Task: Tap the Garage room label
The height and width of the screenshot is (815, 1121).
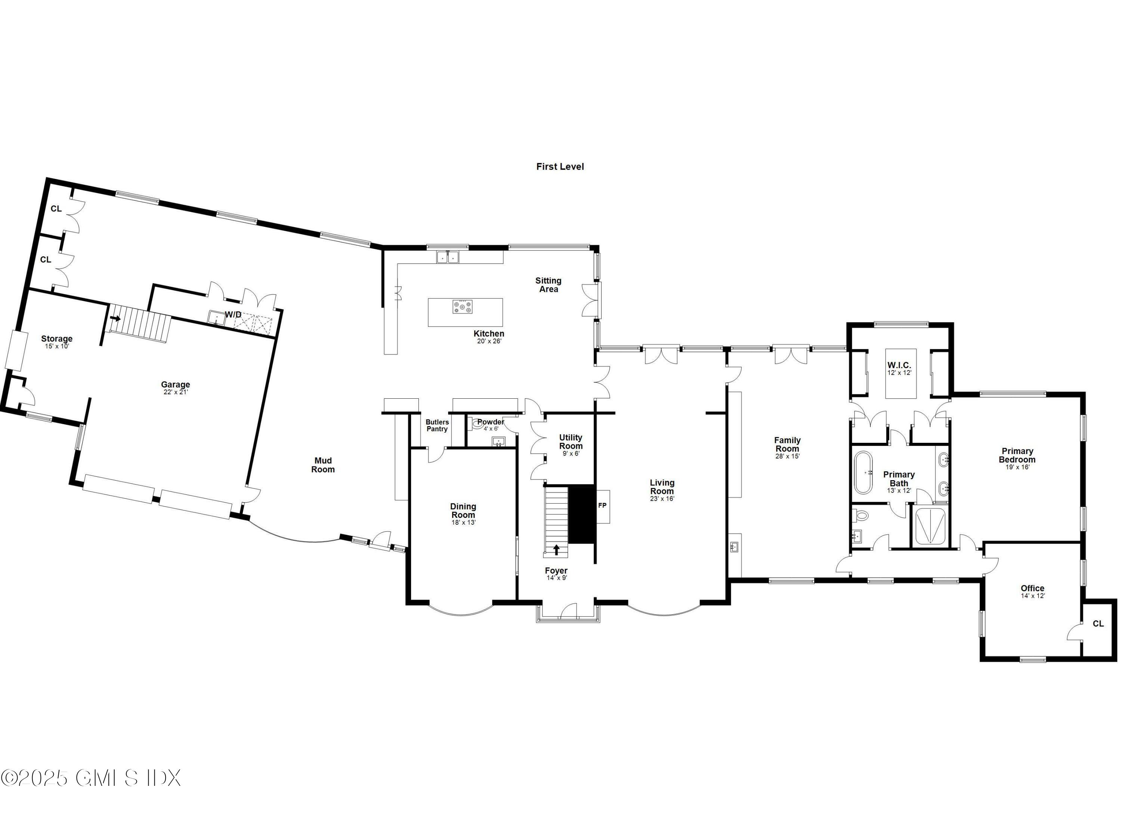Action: (176, 385)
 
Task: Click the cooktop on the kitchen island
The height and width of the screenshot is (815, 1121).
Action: (462, 307)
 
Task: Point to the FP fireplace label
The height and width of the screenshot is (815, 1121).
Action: (602, 506)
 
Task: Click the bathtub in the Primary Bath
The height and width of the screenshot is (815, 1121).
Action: (864, 472)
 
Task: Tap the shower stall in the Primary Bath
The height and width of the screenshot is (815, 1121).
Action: (930, 527)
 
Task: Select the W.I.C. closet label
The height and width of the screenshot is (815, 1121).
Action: (899, 365)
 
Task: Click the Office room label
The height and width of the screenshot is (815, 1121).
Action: (1032, 588)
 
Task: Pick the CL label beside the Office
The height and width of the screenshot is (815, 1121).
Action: (1098, 624)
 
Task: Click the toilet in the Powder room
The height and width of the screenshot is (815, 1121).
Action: (477, 423)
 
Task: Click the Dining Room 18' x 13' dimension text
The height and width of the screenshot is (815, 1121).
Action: (463, 522)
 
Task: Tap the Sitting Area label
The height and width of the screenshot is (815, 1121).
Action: (548, 285)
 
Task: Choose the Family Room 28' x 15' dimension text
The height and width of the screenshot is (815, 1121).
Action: (787, 456)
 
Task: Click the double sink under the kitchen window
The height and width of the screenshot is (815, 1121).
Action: (448, 257)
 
